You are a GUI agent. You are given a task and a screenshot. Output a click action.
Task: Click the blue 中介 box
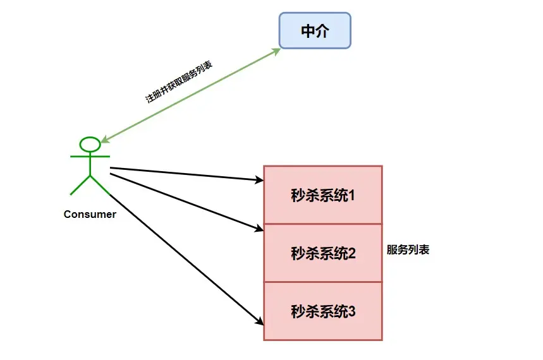click(x=315, y=31)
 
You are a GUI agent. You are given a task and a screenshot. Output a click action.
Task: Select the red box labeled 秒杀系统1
click(x=323, y=195)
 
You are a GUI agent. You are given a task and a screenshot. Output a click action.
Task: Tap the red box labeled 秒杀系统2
click(x=323, y=253)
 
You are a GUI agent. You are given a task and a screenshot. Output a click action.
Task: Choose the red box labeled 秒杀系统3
click(x=323, y=311)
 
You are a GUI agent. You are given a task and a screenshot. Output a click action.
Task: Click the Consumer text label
click(x=90, y=214)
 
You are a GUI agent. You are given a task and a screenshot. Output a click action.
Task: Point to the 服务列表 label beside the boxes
click(x=408, y=249)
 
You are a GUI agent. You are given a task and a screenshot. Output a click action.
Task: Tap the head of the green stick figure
click(x=90, y=145)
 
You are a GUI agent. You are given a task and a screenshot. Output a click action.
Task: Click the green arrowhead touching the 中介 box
click(x=276, y=51)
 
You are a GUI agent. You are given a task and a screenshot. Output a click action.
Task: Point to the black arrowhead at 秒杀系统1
click(x=259, y=181)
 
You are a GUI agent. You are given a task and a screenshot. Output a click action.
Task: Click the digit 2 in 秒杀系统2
click(x=352, y=254)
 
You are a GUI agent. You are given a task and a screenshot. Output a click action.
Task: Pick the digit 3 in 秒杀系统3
click(x=352, y=311)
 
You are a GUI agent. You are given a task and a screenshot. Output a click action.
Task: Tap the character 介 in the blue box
click(x=323, y=31)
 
